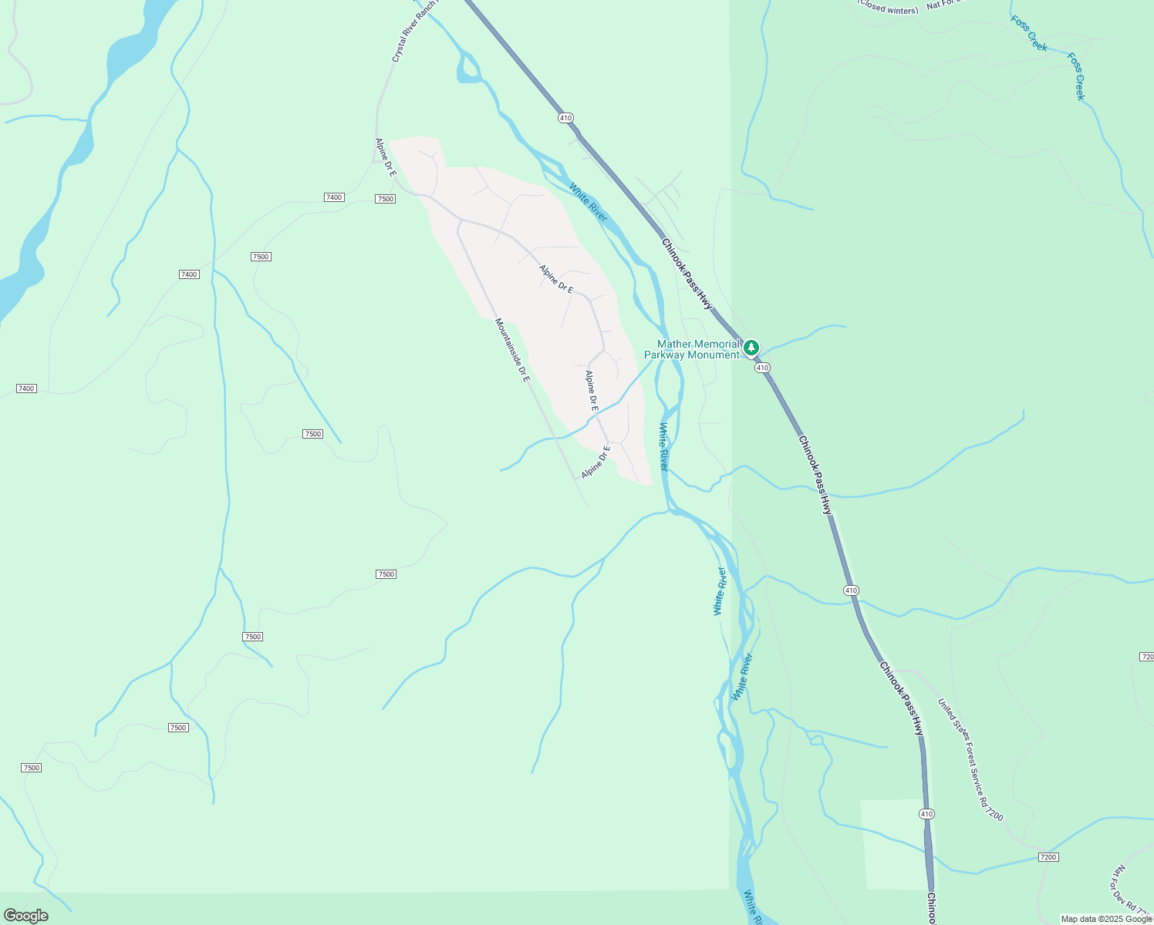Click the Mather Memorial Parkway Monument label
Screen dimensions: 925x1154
point(692,350)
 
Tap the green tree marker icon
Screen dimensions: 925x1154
point(751,348)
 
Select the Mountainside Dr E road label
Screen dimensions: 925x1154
point(512,351)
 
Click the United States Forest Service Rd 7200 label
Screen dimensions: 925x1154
point(970,759)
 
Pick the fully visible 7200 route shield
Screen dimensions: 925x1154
point(1048,857)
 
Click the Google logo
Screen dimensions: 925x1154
point(25,916)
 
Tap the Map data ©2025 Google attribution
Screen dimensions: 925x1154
point(1106,919)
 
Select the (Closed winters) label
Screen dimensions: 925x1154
point(889,7)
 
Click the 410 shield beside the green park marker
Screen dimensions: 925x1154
point(762,368)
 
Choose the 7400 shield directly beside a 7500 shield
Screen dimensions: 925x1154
point(334,197)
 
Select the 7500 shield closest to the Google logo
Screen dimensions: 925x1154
point(31,768)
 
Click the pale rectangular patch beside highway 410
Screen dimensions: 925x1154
point(891,844)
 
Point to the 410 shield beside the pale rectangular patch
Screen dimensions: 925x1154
point(926,814)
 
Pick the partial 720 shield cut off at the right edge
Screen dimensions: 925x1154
point(1146,657)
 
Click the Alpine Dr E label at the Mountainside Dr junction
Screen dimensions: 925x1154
point(596,462)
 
